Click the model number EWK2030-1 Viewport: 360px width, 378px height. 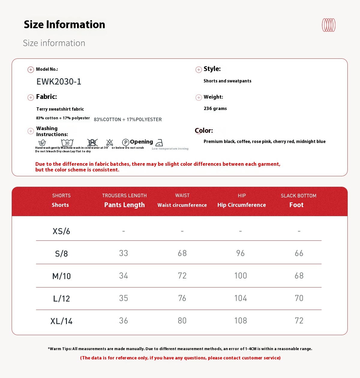(59, 82)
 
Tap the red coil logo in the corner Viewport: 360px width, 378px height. (328, 25)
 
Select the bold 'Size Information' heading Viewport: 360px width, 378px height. (64, 25)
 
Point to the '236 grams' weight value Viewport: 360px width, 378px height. (215, 109)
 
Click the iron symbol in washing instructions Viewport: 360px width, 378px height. (159, 143)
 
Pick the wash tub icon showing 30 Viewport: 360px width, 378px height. (67, 143)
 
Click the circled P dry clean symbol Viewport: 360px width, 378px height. (126, 142)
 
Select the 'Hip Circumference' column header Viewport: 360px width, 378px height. (241, 205)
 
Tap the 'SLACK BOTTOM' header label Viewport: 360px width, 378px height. (298, 196)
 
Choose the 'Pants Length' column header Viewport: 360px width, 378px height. (124, 205)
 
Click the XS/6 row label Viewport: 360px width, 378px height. (61, 231)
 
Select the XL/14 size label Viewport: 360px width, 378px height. (61, 321)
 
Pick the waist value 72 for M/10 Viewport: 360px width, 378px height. (182, 275)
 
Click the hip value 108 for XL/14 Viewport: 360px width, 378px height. (241, 320)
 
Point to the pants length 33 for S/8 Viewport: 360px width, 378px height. (124, 253)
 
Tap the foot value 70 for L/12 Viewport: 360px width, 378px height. (299, 298)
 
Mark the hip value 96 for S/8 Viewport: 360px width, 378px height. (240, 253)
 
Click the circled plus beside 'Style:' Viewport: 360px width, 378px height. (199, 70)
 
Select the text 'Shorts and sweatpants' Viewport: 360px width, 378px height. (227, 81)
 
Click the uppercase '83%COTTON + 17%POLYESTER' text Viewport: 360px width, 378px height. (128, 119)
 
